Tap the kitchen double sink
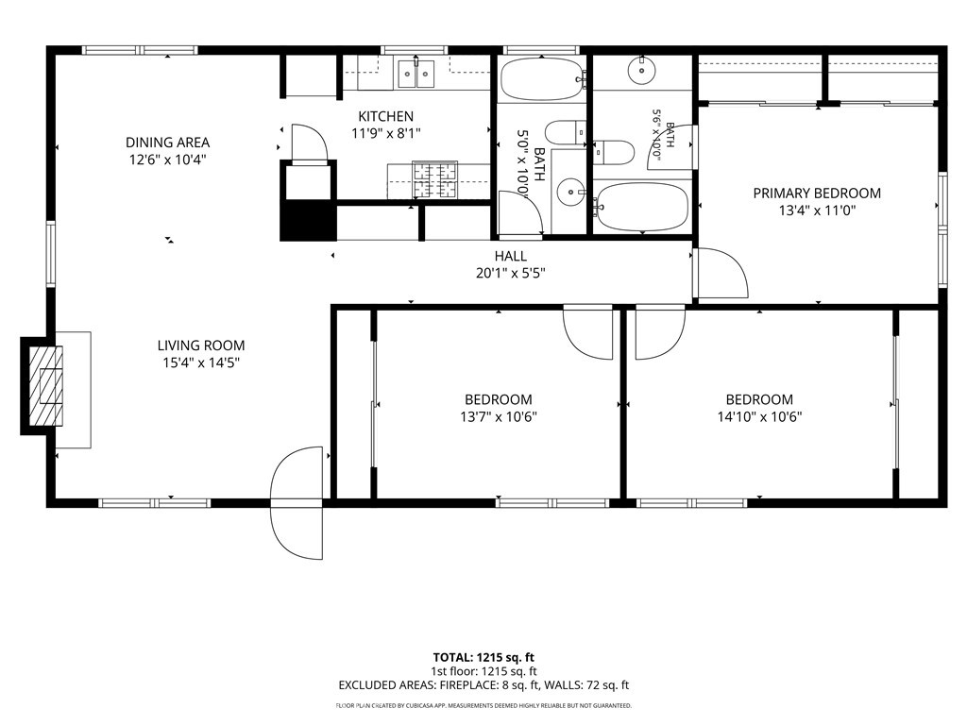click(416, 74)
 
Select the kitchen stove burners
click(434, 180)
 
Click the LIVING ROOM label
click(201, 346)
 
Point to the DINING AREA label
click(168, 143)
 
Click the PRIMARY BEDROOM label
click(817, 193)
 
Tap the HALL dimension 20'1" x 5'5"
click(511, 273)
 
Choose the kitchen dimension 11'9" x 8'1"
click(386, 133)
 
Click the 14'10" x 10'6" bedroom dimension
click(759, 416)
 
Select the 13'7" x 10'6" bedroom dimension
click(499, 416)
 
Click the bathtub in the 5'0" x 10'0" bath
click(541, 79)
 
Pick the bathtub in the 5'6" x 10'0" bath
click(642, 207)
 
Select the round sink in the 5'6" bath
click(642, 70)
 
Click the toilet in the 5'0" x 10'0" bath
click(566, 132)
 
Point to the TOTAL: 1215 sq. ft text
click(483, 658)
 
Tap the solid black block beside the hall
click(309, 220)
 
